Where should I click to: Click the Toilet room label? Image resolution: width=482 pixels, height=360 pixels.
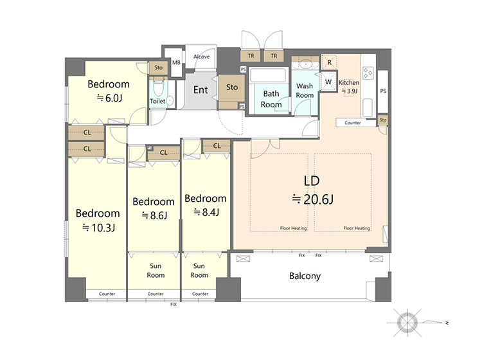pos(157,101)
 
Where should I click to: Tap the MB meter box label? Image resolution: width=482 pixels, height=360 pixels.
pos(176,63)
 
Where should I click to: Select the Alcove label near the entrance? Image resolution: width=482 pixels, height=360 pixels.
pos(201,57)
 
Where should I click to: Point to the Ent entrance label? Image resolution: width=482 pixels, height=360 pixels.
pos(201,90)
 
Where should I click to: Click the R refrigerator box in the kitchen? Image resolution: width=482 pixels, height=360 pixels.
pos(329,62)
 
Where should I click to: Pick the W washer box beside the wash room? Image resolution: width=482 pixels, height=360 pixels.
pos(328,82)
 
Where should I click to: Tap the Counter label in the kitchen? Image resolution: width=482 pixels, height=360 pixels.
pos(352,123)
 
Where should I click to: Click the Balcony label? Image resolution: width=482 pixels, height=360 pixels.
pos(305,276)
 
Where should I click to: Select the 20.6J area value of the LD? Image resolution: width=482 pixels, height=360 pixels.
pos(319,199)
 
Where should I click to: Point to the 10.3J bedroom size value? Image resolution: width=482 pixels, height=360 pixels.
pos(103,228)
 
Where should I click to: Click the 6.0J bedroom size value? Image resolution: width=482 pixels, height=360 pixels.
pos(114,98)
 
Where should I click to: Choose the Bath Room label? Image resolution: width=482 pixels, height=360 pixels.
pos(271,99)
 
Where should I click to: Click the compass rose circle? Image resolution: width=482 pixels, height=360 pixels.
pos(407,323)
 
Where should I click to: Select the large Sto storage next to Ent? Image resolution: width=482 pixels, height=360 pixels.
pos(231,89)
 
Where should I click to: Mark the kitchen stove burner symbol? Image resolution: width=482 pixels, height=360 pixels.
pos(368,73)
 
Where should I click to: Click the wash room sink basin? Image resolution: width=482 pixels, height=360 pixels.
pos(305,64)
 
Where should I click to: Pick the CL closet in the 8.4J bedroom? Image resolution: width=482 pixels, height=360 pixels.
pos(217,146)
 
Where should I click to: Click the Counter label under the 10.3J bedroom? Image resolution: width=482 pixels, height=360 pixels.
pos(107,294)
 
